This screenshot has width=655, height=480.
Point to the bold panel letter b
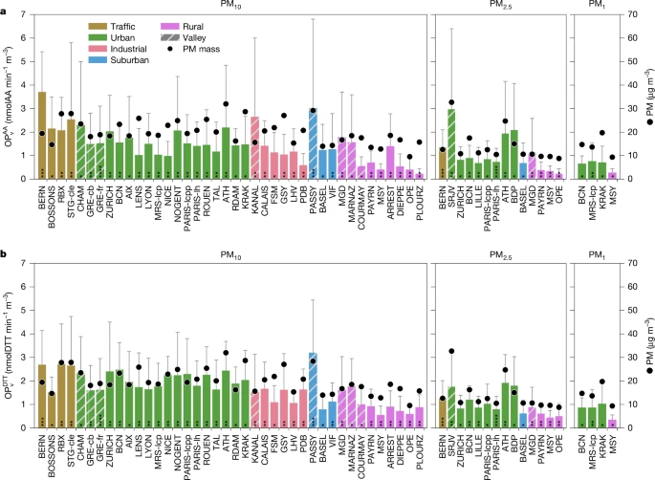(x=6, y=253)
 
